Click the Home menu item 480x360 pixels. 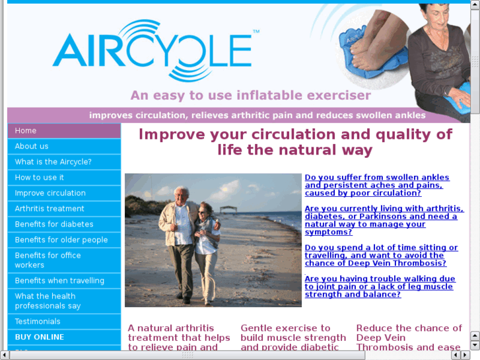pyautogui.click(x=26, y=131)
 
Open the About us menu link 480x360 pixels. pyautogui.click(x=32, y=146)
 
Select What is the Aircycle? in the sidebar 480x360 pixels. pyautogui.click(x=53, y=162)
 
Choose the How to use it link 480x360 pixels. pyautogui.click(x=40, y=178)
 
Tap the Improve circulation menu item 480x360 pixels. pyautogui.click(x=50, y=193)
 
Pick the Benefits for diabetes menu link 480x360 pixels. pyautogui.click(x=54, y=224)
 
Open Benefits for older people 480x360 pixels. pyautogui.click(x=61, y=240)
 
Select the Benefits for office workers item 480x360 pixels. pyautogui.click(x=48, y=260)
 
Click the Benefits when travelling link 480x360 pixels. pyautogui.click(x=59, y=281)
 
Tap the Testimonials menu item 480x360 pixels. pyautogui.click(x=38, y=322)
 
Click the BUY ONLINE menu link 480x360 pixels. pyautogui.click(x=40, y=337)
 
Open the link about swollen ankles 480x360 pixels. pyautogui.click(x=376, y=185)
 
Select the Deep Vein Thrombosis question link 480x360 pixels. pyautogui.click(x=381, y=256)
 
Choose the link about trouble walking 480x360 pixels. pyautogui.click(x=380, y=287)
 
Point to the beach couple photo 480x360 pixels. pyautogui.click(x=213, y=240)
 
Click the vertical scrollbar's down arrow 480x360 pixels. pyautogui.click(x=475, y=345)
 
